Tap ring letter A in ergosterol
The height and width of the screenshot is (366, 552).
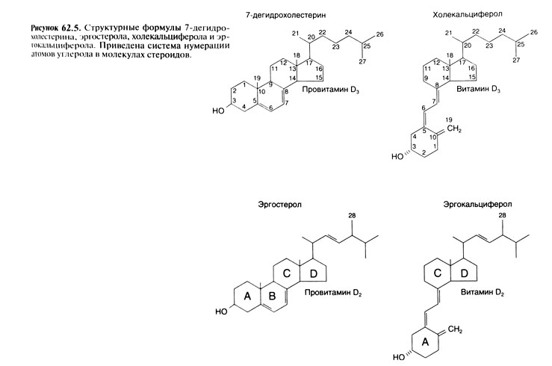248,297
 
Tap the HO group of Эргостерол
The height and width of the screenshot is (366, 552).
218,311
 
